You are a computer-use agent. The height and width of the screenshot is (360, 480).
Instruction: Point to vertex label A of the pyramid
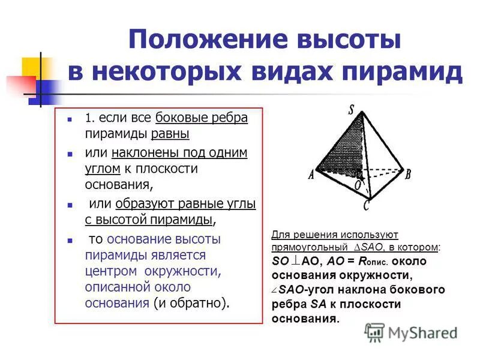[311, 175]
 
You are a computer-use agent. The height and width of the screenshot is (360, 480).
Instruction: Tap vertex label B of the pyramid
[408, 175]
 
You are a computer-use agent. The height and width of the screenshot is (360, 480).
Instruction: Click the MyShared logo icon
[375, 332]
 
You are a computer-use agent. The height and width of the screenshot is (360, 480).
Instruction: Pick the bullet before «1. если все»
[70, 119]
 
